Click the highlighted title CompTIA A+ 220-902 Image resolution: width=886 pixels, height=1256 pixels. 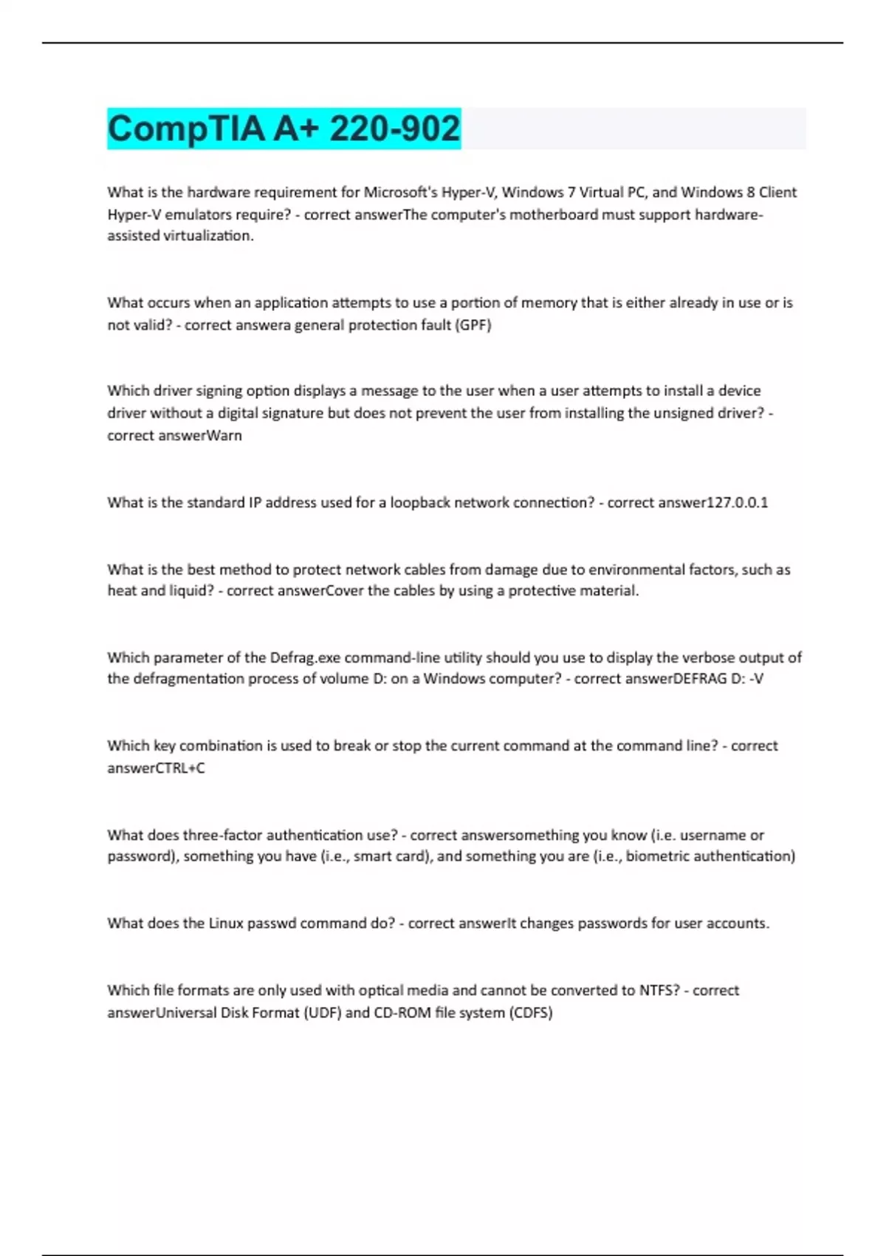tap(284, 129)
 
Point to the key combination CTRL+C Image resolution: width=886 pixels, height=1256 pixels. tap(180, 768)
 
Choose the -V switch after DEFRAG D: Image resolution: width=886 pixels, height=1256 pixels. tap(756, 678)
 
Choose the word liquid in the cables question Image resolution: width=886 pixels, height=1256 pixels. tap(189, 590)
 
